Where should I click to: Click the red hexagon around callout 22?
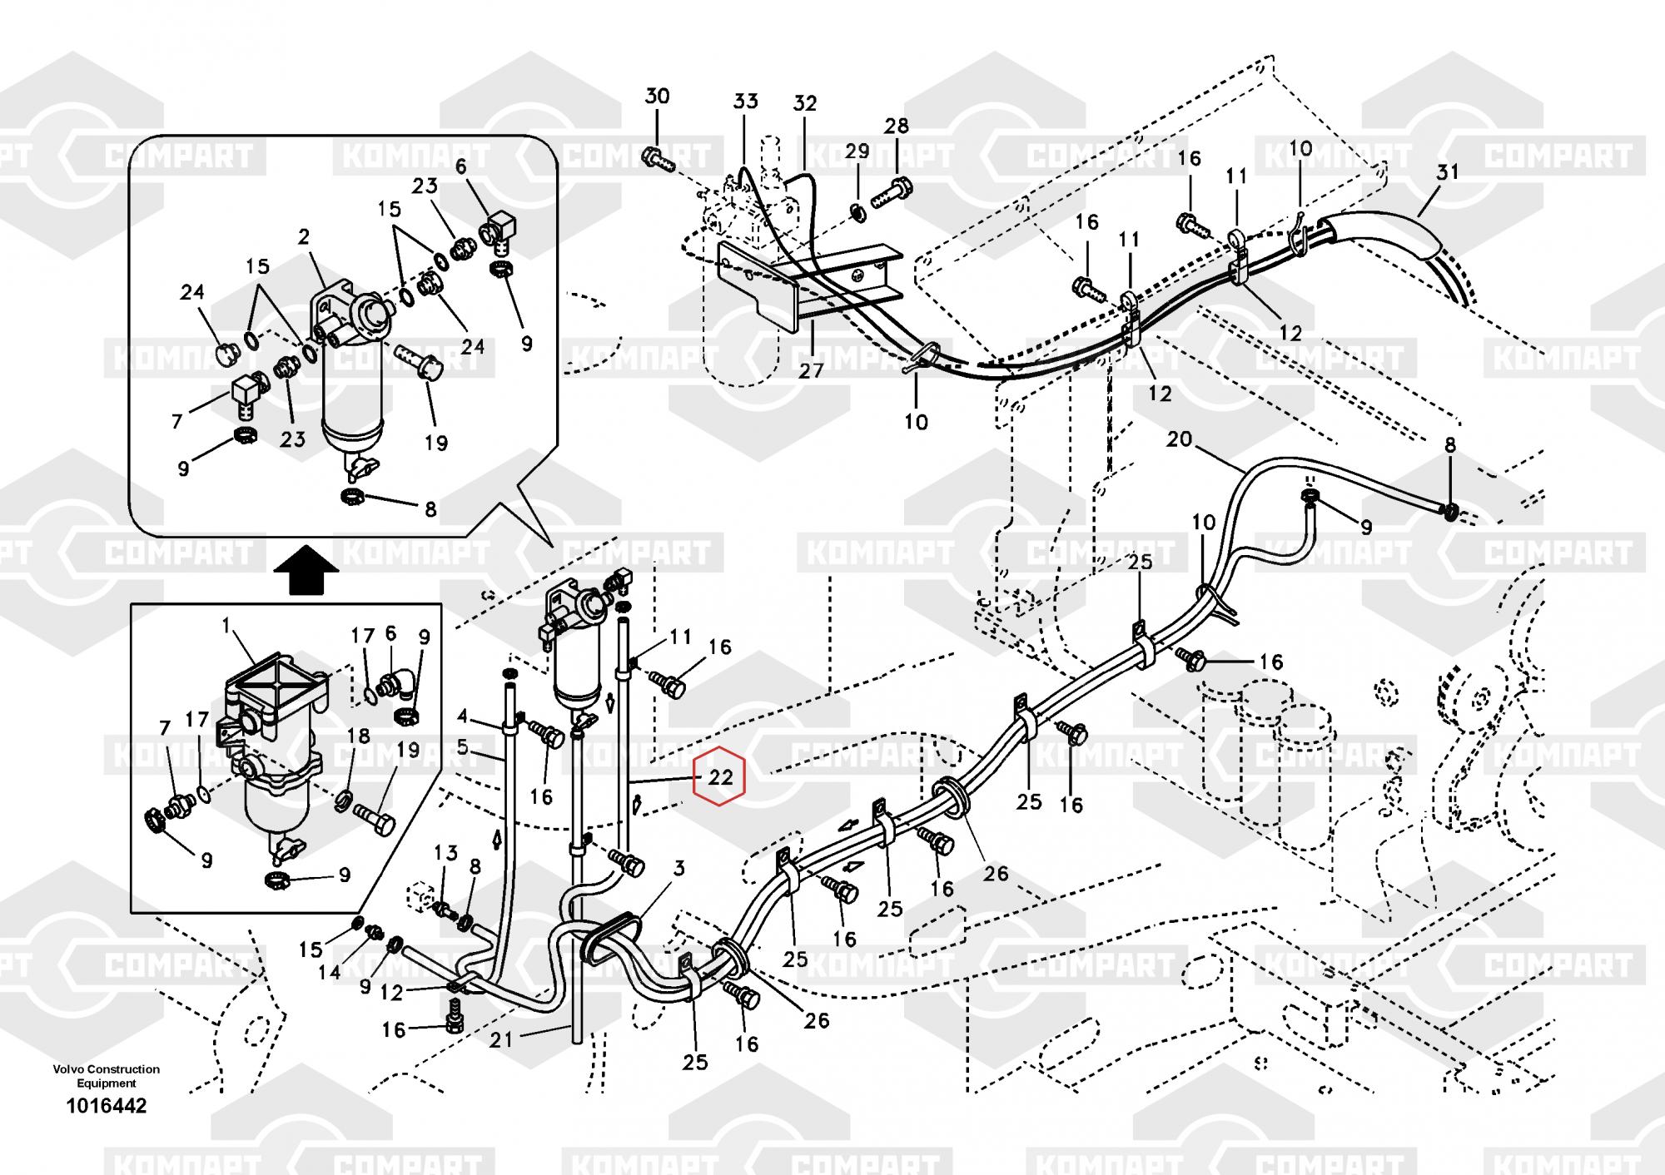720,777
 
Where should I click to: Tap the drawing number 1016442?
107,1106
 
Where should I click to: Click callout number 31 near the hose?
1448,172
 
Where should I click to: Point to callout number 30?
657,97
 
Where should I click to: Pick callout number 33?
745,102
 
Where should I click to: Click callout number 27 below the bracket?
811,371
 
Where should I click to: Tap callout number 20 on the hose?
1179,439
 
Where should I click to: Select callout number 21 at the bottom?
501,1039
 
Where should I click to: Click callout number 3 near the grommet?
678,869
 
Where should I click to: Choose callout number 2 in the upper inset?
304,238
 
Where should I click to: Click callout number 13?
446,853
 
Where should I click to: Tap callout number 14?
330,972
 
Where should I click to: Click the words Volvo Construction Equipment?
107,1076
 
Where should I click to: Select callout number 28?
896,126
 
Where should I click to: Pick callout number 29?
857,151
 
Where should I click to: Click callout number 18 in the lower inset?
358,736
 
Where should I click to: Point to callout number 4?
464,716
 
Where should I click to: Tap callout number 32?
804,104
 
